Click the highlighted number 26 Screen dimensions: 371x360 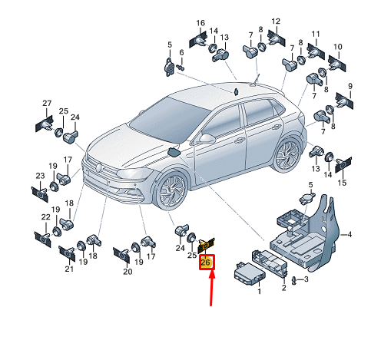point(206,262)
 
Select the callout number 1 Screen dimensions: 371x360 point(259,291)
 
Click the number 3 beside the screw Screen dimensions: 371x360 point(306,279)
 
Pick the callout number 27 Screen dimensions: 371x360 point(47,103)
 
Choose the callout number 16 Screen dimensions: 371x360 point(200,23)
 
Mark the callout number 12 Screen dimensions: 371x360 point(276,21)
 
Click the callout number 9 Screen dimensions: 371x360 point(350,86)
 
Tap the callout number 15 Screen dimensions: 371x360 point(342,183)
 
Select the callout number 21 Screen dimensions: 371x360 point(69,269)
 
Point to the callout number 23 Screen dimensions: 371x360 point(40,176)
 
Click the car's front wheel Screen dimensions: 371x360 point(171,190)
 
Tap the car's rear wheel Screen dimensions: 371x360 point(288,154)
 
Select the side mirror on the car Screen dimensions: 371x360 point(207,138)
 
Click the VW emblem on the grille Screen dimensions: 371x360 point(98,167)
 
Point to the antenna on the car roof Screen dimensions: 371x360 point(256,81)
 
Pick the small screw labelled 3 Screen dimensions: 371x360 point(294,281)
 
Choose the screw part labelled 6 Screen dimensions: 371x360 point(181,68)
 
